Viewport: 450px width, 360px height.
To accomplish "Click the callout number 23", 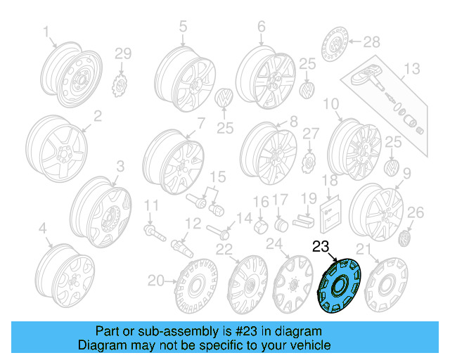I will (x=321, y=247).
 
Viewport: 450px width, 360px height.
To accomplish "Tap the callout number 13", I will (x=411, y=68).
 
